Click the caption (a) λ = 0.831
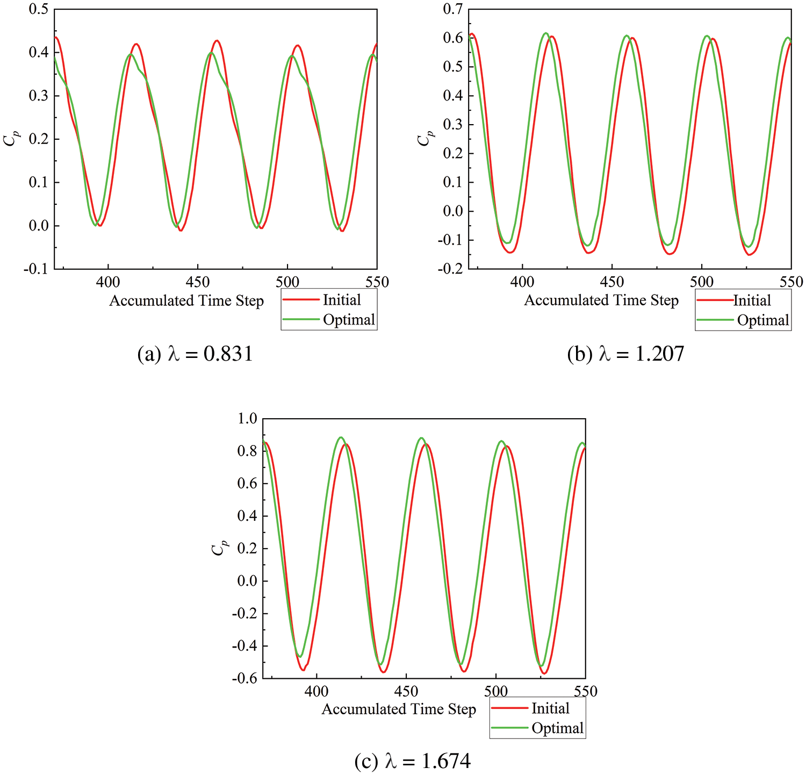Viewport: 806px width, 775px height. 195,354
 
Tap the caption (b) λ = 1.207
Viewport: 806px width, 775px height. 625,354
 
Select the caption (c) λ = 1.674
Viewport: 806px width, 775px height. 412,761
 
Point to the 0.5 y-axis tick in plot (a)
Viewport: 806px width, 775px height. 39,9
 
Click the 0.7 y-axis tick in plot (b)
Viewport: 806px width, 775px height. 453,9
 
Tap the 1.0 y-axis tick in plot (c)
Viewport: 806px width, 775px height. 247,418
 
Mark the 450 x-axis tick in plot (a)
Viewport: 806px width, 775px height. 198,282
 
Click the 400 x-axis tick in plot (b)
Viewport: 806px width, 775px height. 522,282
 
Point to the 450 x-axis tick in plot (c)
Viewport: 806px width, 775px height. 406,691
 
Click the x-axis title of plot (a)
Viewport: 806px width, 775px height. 186,300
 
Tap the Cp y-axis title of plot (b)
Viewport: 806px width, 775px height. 425,139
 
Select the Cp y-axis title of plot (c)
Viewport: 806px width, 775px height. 219,548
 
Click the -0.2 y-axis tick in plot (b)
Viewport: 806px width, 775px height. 450,269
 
